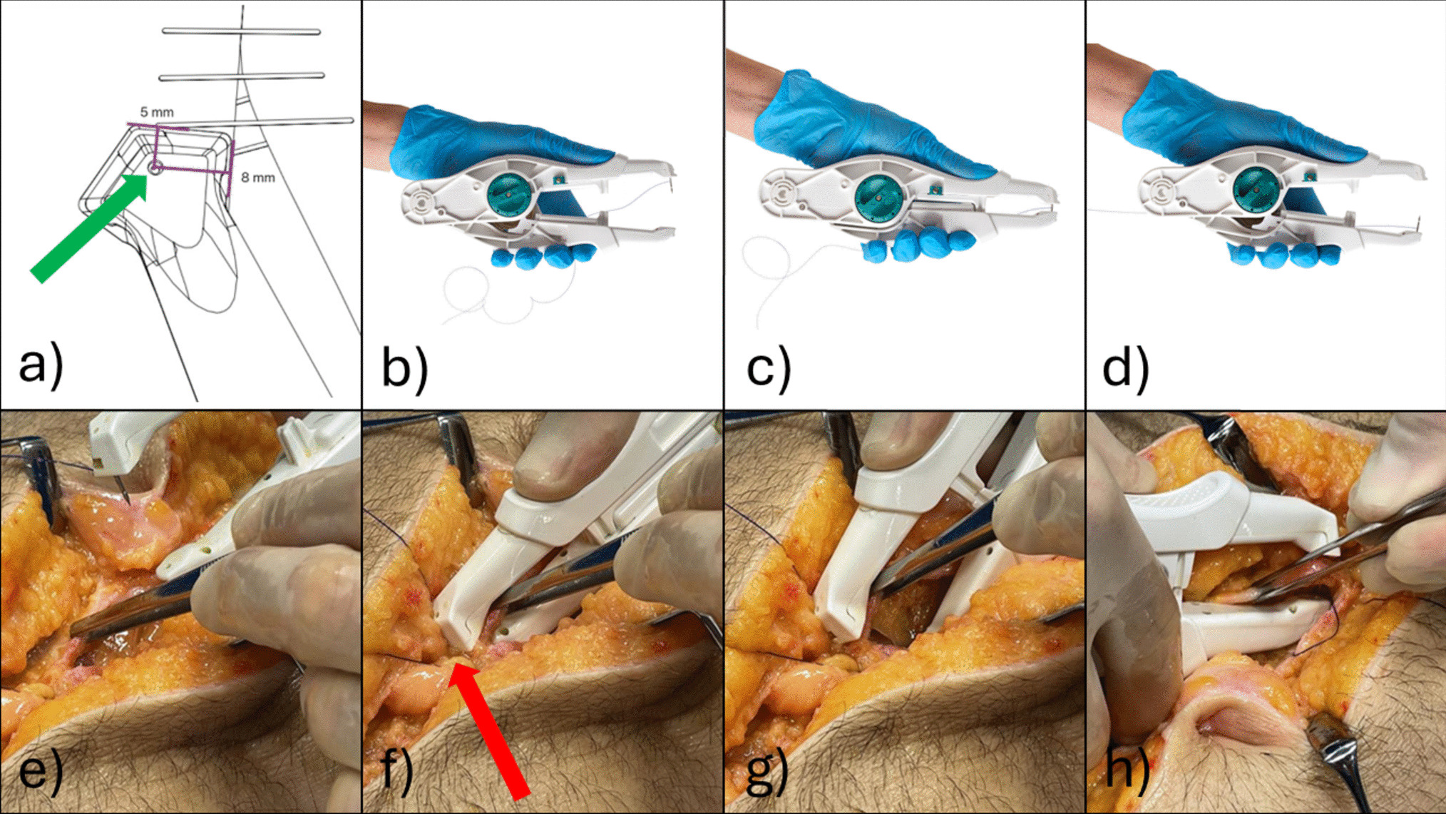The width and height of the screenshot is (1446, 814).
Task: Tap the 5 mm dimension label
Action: (157, 112)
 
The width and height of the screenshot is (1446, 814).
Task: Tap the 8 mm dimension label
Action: (257, 177)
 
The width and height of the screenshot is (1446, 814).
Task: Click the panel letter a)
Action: (41, 366)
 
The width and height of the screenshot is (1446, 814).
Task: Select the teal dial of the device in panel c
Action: (878, 196)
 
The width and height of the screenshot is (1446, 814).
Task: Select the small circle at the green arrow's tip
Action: (155, 168)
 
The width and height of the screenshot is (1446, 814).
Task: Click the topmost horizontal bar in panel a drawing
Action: (241, 31)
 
